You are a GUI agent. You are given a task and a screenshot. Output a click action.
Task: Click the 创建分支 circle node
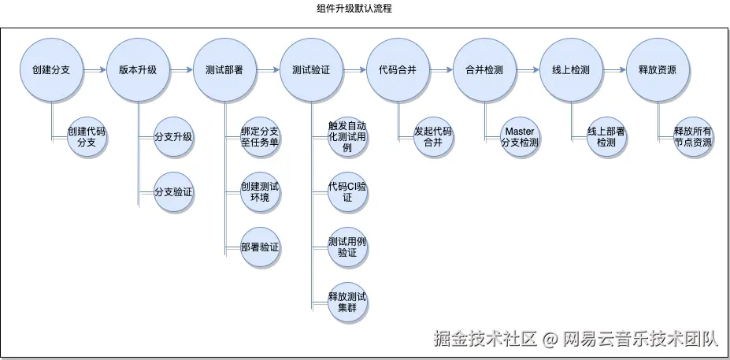point(52,70)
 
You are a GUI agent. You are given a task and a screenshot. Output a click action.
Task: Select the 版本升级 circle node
point(139,70)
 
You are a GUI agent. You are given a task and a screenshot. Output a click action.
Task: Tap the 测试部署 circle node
point(224,70)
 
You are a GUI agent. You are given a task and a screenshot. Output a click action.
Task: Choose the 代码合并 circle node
point(398,70)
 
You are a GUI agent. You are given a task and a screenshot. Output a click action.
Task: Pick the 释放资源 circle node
point(658,70)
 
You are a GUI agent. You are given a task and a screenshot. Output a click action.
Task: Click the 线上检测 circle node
point(571,70)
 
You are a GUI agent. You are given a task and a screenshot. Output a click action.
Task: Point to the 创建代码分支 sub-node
point(87,137)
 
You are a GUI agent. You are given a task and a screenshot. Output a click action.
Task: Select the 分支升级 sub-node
point(173,137)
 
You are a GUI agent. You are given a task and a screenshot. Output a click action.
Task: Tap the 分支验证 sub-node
point(173,191)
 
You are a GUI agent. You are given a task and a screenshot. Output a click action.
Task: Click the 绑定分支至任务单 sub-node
point(260,137)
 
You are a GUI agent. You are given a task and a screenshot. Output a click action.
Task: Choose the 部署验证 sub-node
point(260,247)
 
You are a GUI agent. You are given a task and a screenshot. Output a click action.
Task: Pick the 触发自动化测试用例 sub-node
point(347,137)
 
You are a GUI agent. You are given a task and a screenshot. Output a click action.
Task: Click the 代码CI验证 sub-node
point(347,191)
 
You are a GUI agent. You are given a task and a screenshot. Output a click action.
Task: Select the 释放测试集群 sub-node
point(347,302)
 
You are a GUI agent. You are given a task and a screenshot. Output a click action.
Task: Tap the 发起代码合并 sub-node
point(433,137)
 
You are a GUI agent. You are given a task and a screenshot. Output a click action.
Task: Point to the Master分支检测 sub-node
point(520,137)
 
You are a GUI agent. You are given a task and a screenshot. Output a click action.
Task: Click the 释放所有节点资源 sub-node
point(693,137)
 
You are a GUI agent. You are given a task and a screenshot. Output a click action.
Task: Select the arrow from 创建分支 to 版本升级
point(95,70)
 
